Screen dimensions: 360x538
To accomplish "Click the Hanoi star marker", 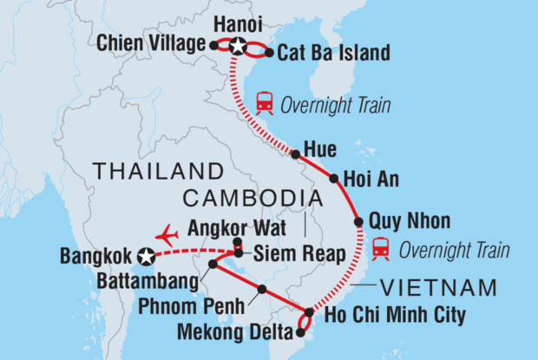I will click(x=238, y=47).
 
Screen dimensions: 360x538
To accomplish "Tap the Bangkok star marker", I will click(x=147, y=256).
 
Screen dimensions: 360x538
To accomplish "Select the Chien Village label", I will click(x=150, y=43).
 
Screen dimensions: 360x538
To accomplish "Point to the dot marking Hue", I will click(x=296, y=155).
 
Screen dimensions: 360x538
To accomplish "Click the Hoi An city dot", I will click(x=334, y=179).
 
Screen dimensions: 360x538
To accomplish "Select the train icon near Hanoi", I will click(x=265, y=104).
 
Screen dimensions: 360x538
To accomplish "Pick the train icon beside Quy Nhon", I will click(x=380, y=252).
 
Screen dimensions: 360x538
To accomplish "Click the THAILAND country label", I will click(x=158, y=172).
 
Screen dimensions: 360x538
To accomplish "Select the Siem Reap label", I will click(x=292, y=254).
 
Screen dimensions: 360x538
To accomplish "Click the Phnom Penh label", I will click(x=187, y=306).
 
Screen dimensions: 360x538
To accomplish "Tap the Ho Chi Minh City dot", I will click(x=310, y=312).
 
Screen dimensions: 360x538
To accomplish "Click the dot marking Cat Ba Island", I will click(x=270, y=54).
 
